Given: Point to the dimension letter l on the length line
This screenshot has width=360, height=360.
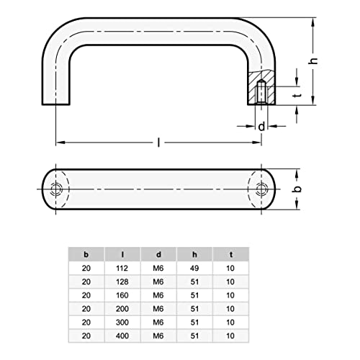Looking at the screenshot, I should coord(158,143).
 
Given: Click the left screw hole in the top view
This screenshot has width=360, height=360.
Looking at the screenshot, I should coord(57,190).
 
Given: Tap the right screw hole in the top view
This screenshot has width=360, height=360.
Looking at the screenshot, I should coord(261,190).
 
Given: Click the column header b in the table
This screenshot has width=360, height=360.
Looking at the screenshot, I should coord(86,254).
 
